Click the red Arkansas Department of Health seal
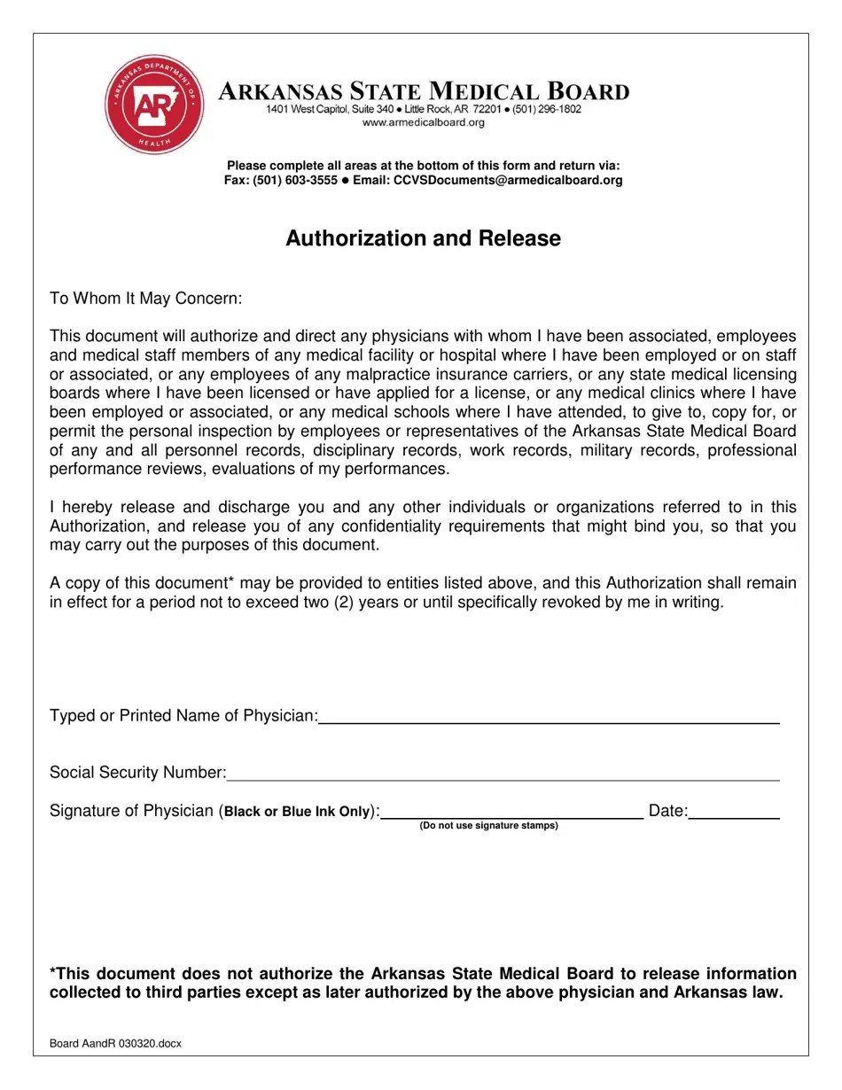[x=154, y=104]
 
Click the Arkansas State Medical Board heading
[x=424, y=91]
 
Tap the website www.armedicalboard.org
[x=424, y=122]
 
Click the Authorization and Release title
[x=423, y=238]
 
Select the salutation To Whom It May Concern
[x=145, y=299]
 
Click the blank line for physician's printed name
[x=549, y=718]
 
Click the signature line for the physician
[x=511, y=814]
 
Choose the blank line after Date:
[x=734, y=814]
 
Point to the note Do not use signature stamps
[x=488, y=826]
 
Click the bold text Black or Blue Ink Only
[x=297, y=812]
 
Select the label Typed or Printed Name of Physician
[x=183, y=716]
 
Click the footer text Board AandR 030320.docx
[x=115, y=1044]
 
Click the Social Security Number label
[x=137, y=773]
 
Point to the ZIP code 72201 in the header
[x=487, y=109]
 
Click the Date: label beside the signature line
[x=667, y=811]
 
